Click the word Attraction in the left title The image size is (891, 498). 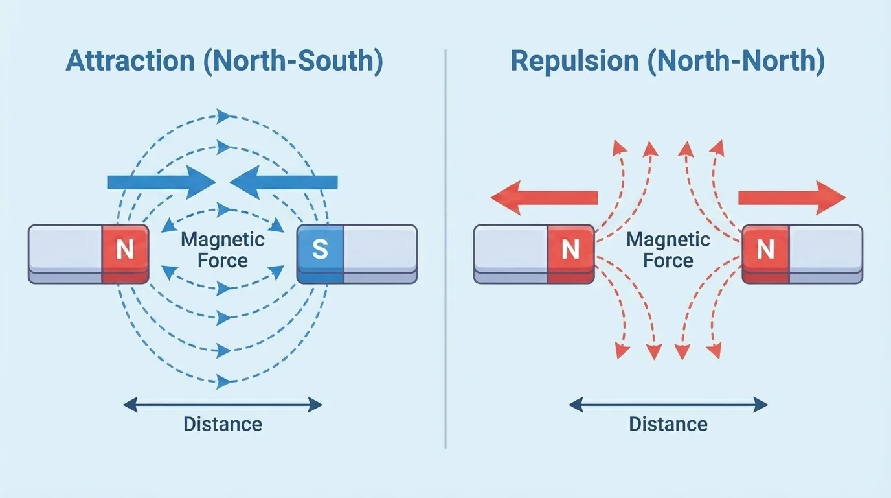(130, 61)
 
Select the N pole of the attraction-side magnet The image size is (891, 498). (125, 250)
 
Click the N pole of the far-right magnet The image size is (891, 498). (765, 250)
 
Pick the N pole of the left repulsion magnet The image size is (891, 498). (570, 250)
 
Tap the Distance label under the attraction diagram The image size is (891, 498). (223, 425)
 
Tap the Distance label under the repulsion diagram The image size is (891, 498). (668, 425)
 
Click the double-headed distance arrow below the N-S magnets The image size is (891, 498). (223, 405)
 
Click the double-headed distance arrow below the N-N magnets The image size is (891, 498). (668, 405)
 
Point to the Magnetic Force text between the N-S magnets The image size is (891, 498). (223, 250)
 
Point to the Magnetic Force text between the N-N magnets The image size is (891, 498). (668, 250)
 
